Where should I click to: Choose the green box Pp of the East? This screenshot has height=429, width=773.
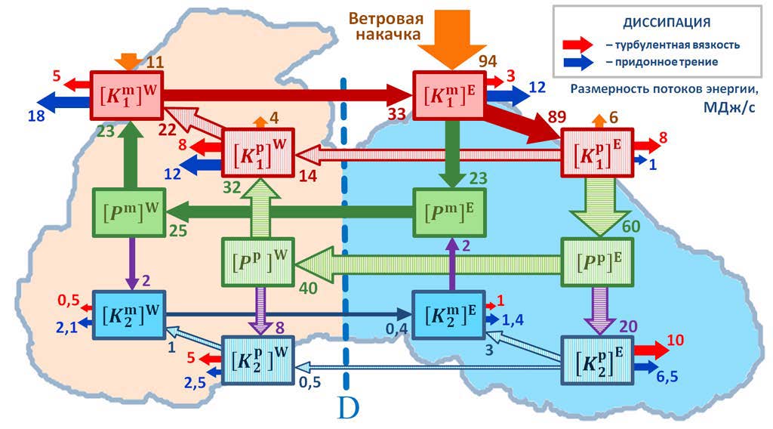596,261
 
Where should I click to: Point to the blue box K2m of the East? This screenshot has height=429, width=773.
448,314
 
